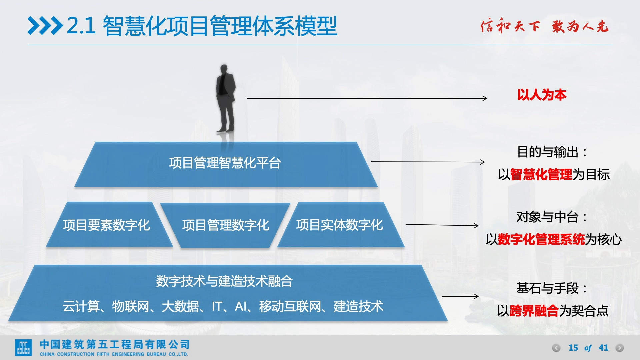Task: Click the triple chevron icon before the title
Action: pyautogui.click(x=45, y=26)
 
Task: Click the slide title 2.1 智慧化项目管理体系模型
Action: pyautogui.click(x=202, y=26)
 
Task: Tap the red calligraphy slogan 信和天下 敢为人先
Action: pyautogui.click(x=544, y=26)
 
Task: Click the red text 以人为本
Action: pyautogui.click(x=542, y=95)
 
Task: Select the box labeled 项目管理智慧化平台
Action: pyautogui.click(x=226, y=164)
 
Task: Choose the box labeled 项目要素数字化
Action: pyautogui.click(x=109, y=225)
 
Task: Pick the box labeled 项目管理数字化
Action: pyautogui.click(x=225, y=225)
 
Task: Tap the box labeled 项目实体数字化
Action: pyautogui.click(x=341, y=225)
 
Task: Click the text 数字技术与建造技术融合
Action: pyautogui.click(x=224, y=281)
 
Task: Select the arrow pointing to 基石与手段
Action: pyautogui.click(x=460, y=296)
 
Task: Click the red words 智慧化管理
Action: pyautogui.click(x=541, y=174)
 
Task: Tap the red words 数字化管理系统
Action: pyautogui.click(x=541, y=239)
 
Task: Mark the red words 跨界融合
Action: pyautogui.click(x=534, y=311)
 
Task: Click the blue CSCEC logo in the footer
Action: pyautogui.click(x=23, y=348)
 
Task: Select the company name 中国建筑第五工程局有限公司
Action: pyautogui.click(x=115, y=344)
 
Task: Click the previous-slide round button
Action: pyautogui.click(x=556, y=348)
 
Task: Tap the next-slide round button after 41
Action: pyautogui.click(x=620, y=348)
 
